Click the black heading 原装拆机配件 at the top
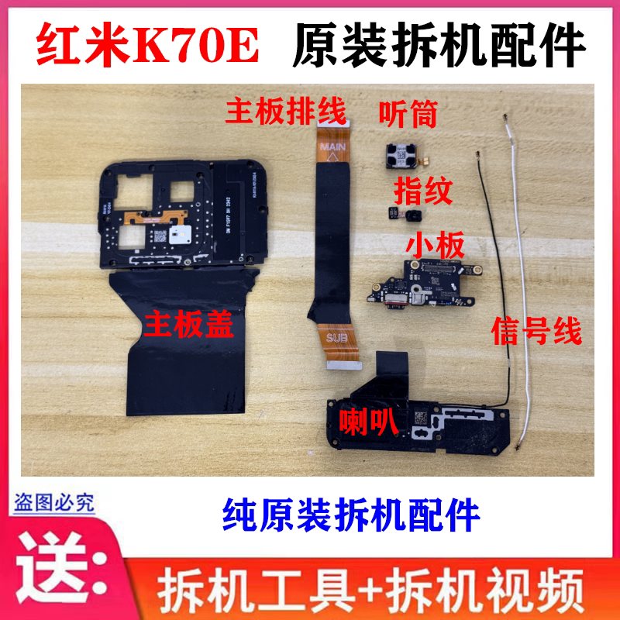tap(439, 44)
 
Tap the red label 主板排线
tap(285, 112)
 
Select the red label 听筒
tap(408, 114)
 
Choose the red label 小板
tap(435, 246)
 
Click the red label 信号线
tap(536, 332)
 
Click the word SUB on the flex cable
tap(336, 338)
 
